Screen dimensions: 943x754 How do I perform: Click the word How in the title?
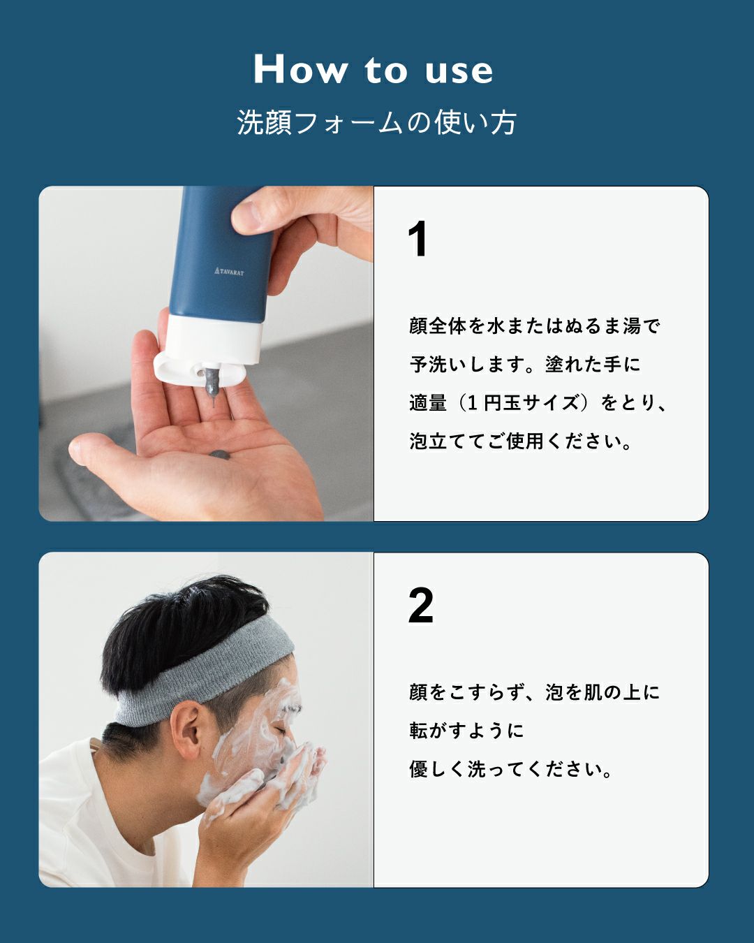300,70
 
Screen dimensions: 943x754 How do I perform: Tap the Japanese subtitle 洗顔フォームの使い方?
376,122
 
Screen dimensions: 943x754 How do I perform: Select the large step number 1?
417,240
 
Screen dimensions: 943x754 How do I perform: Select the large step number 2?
421,606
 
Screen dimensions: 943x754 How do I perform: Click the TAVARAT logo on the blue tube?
229,270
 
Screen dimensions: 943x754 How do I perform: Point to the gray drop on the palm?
219,455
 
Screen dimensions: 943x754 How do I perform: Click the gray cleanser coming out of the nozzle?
211,385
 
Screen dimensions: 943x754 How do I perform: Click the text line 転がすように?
466,731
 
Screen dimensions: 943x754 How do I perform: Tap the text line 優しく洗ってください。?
511,770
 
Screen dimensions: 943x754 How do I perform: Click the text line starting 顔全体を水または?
535,326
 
